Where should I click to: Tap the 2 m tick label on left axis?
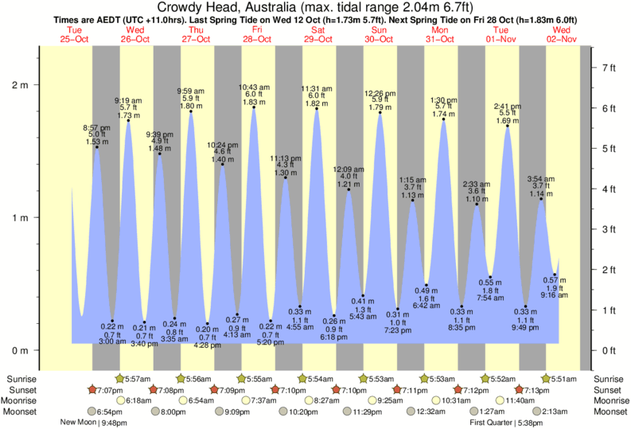point(18,85)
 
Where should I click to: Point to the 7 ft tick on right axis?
point(609,68)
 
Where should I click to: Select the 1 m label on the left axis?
point(18,217)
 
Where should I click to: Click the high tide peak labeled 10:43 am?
point(254,107)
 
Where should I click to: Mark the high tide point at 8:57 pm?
point(97,147)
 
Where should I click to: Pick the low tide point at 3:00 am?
point(112,321)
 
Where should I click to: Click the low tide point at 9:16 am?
point(555,275)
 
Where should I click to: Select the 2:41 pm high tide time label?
point(507,107)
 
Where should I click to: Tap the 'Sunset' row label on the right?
point(610,389)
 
